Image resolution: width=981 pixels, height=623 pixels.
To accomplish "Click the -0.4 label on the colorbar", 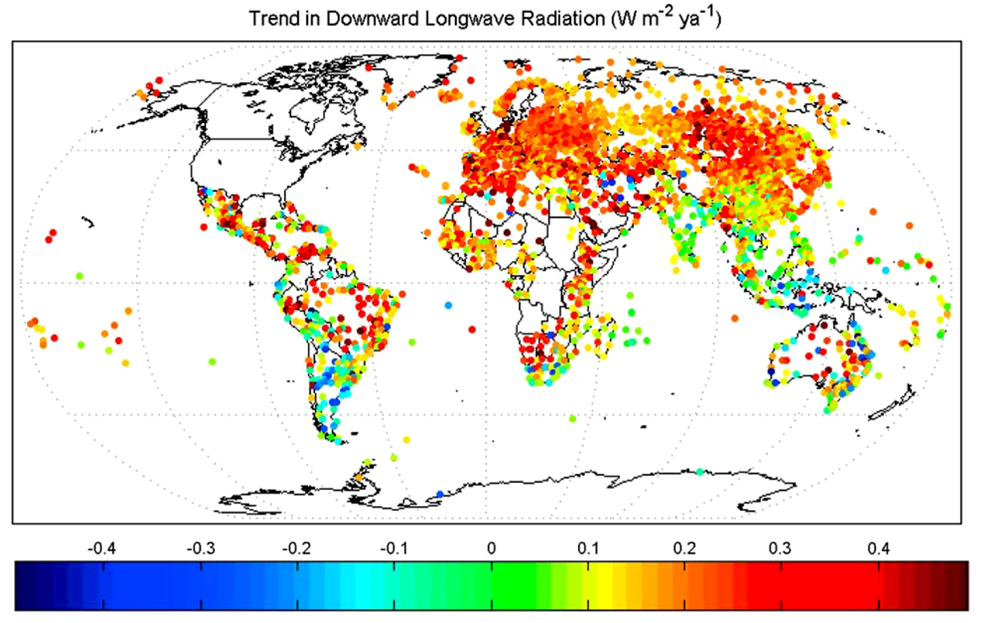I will (100, 548).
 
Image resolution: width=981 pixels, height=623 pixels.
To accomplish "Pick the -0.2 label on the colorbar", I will (296, 548).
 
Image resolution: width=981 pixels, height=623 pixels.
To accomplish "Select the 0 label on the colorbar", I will (491, 548).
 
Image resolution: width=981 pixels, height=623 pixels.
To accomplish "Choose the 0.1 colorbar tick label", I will (587, 548).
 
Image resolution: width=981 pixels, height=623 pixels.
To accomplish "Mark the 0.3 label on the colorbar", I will (782, 548).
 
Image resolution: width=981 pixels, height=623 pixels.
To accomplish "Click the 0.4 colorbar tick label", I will (879, 548).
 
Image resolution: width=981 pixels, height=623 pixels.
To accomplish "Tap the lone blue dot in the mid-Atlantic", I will (448, 304).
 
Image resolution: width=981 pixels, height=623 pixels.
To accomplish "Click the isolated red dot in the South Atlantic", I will (471, 330).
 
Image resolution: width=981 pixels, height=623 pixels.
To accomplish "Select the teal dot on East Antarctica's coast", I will (699, 471).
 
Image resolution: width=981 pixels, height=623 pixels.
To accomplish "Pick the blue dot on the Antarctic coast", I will (440, 494).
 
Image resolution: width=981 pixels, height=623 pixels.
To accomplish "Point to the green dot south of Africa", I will (573, 419).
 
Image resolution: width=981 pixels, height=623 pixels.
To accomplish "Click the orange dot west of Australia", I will (735, 318).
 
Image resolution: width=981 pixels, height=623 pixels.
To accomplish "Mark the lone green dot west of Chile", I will (212, 361).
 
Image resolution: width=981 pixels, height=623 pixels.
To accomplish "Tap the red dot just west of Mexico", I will (204, 227).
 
